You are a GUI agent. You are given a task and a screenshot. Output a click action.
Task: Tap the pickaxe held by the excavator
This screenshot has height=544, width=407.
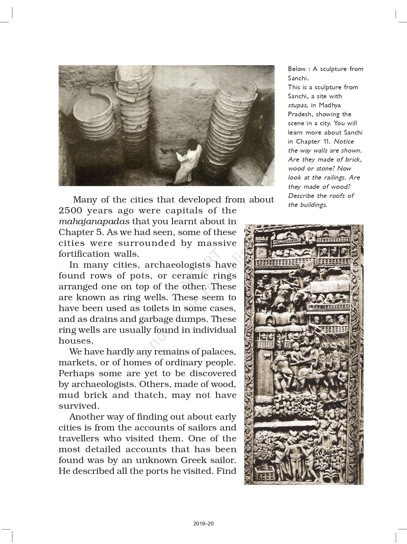tap(166, 151)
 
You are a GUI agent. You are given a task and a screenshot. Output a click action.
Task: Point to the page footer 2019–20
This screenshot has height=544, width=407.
tap(203, 524)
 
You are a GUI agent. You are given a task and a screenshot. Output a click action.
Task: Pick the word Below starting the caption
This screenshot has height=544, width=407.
tap(297, 69)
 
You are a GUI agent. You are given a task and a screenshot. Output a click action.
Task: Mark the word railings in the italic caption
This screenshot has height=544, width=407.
tap(335, 177)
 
